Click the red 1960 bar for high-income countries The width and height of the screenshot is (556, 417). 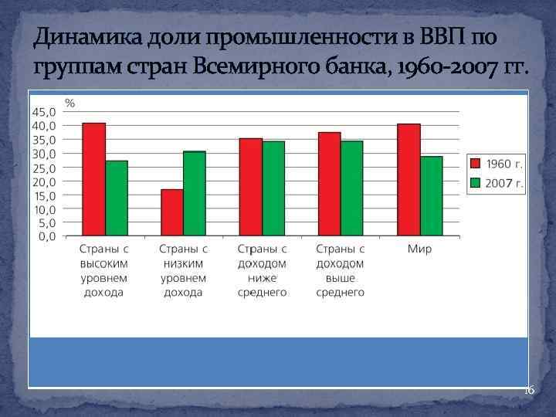click(x=94, y=179)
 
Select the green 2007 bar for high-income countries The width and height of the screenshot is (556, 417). click(x=117, y=198)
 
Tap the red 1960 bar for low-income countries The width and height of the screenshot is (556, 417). click(x=172, y=212)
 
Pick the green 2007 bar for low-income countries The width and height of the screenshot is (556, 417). click(x=195, y=193)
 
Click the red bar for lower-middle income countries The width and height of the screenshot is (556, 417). click(x=251, y=187)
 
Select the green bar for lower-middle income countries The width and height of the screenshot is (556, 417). click(x=273, y=188)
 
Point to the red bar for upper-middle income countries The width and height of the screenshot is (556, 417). click(x=330, y=184)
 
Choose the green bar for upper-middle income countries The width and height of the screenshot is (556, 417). click(x=352, y=188)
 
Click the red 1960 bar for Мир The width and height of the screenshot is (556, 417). click(x=409, y=179)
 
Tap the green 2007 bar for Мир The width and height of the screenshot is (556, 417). click(x=431, y=196)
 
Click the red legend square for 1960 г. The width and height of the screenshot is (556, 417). click(x=475, y=164)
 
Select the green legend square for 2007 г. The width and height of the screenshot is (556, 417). click(x=475, y=184)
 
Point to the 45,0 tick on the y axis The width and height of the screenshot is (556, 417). click(x=43, y=112)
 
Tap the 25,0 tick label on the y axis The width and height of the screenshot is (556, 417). click(x=43, y=168)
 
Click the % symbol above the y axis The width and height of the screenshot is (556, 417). click(x=69, y=102)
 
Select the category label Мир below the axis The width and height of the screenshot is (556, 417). click(x=420, y=249)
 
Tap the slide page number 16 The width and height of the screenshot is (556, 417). click(x=529, y=391)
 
